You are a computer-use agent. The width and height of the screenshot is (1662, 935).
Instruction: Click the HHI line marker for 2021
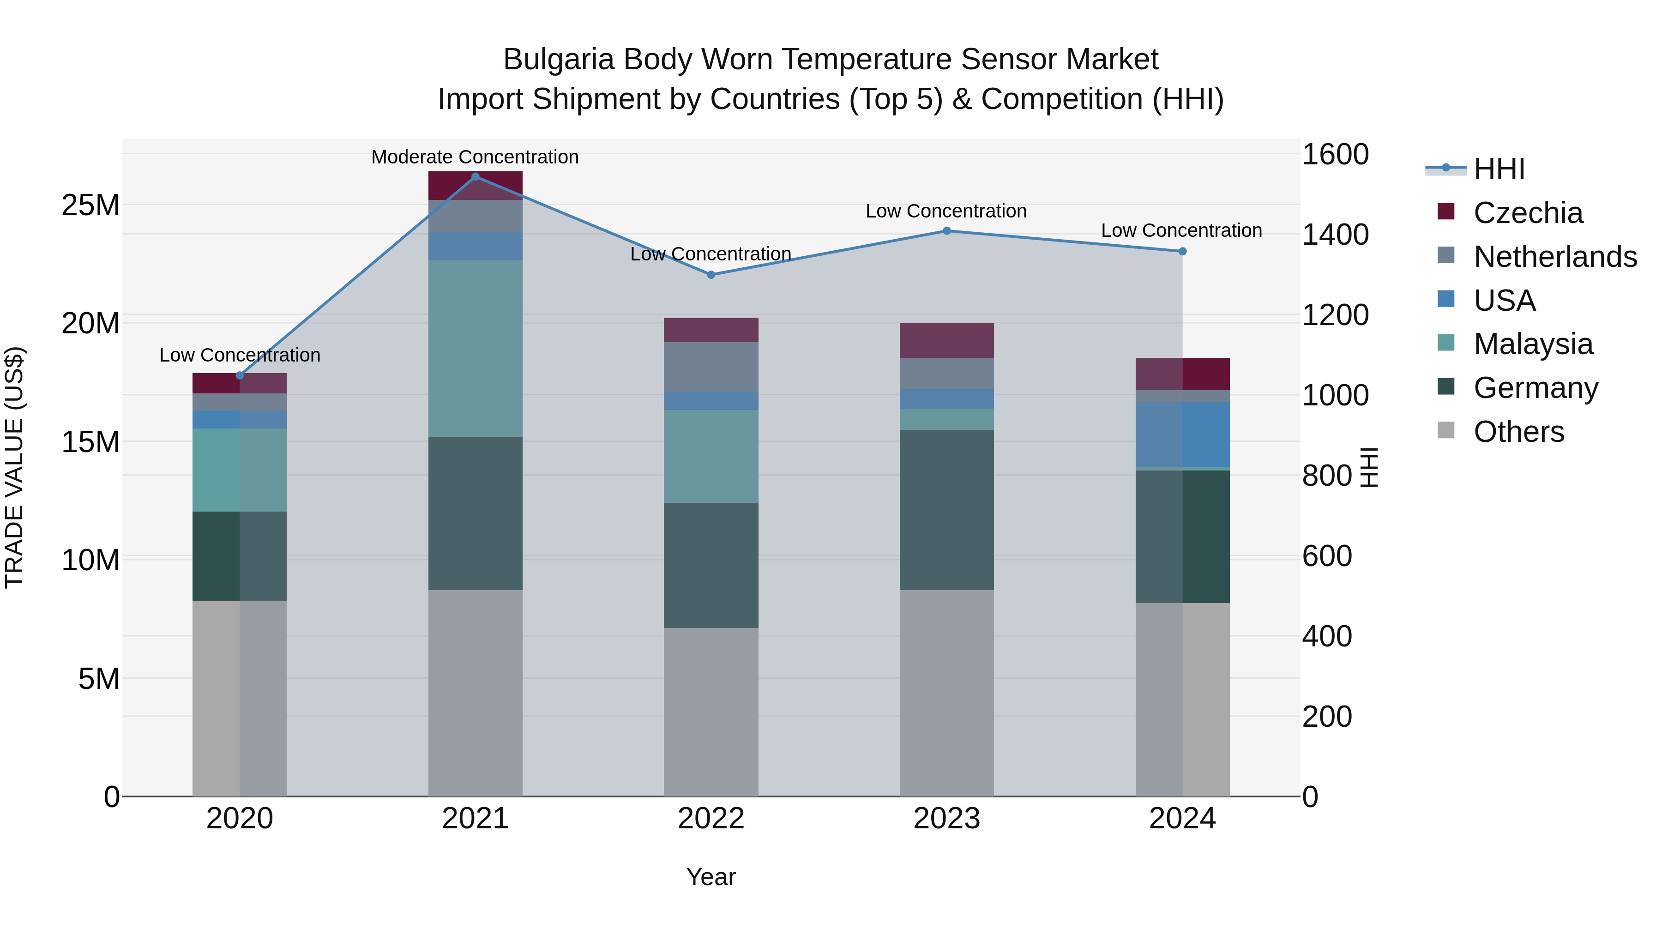(x=476, y=177)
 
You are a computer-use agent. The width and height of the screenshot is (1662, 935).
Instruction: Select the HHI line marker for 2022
(x=711, y=275)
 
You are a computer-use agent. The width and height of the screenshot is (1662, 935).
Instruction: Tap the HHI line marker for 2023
(x=946, y=231)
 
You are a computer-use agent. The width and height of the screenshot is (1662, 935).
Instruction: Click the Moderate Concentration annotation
(x=475, y=157)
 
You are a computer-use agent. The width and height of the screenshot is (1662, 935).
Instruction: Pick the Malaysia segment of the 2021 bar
(x=476, y=349)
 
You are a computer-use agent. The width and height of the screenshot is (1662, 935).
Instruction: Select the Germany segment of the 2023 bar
(x=946, y=510)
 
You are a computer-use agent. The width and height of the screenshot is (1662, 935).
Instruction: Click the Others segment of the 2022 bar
(x=711, y=712)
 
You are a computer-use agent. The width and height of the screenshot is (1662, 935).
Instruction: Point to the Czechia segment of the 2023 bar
(x=946, y=340)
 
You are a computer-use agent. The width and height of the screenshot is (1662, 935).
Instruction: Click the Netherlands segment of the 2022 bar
(x=711, y=367)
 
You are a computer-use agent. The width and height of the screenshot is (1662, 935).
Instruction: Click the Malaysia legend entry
(x=1533, y=344)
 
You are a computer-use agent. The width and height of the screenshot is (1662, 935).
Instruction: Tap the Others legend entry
(x=1519, y=432)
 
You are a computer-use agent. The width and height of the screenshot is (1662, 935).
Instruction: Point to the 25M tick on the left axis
(x=90, y=205)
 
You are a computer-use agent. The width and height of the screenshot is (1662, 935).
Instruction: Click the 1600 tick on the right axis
(x=1335, y=155)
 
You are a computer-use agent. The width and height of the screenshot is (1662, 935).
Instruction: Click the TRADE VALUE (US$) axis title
(x=15, y=467)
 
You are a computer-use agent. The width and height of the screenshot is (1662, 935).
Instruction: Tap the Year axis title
(x=711, y=877)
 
